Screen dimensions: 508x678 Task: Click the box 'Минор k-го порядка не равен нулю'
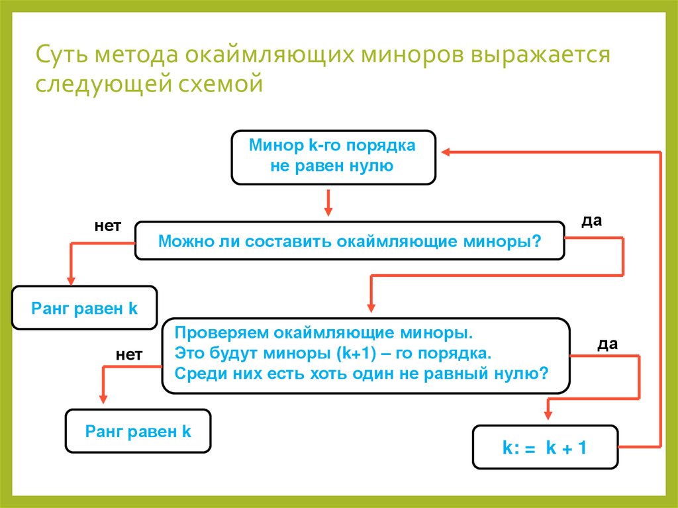[x=333, y=157]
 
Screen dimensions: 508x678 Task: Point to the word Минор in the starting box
[x=269, y=146]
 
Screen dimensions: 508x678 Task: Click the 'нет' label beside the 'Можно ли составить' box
[x=107, y=227]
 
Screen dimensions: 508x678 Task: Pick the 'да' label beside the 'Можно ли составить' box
[x=591, y=221]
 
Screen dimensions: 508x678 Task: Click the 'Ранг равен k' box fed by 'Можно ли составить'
[x=84, y=309]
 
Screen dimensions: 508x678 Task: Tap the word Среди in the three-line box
[x=196, y=372]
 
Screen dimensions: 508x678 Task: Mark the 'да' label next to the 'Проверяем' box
[x=607, y=344]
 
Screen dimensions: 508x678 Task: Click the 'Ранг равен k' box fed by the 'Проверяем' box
[x=138, y=432]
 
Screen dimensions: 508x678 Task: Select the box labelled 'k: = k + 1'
[x=544, y=448]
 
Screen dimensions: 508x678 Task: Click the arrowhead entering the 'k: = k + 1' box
[x=547, y=414]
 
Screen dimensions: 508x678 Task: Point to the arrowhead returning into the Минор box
[x=447, y=152]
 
